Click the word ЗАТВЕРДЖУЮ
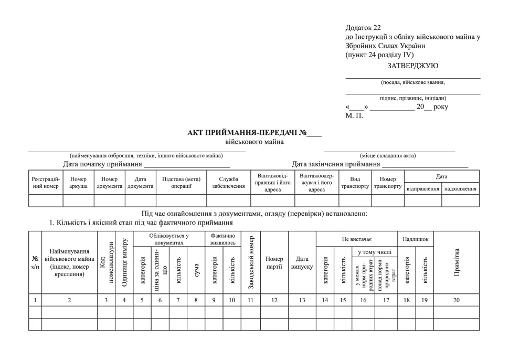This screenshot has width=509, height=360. pyautogui.click(x=412, y=66)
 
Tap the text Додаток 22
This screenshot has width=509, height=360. pyautogui.click(x=363, y=27)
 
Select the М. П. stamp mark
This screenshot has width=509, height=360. pyautogui.click(x=354, y=115)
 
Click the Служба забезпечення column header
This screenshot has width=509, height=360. pyautogui.click(x=228, y=182)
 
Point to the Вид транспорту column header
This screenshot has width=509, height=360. pyautogui.click(x=355, y=182)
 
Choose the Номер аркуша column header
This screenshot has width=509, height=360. pyautogui.click(x=78, y=182)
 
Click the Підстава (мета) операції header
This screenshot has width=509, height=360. pyautogui.click(x=181, y=182)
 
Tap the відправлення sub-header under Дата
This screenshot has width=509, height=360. pyautogui.click(x=423, y=188)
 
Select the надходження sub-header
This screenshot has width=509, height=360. pyautogui.click(x=461, y=188)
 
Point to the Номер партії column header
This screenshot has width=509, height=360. pyautogui.click(x=274, y=262)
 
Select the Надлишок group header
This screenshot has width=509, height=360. pyautogui.click(x=415, y=239)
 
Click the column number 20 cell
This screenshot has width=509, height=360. pyautogui.click(x=457, y=300)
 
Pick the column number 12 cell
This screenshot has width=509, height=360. pyautogui.click(x=274, y=300)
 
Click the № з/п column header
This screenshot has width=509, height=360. pyautogui.click(x=35, y=262)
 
